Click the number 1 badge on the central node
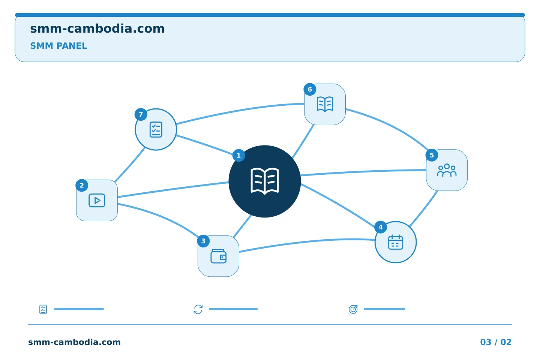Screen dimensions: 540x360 (238, 155)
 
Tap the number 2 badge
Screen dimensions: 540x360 (82, 185)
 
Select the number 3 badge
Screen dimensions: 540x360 (203, 241)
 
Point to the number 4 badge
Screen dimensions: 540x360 (380, 227)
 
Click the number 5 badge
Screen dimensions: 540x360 (432, 155)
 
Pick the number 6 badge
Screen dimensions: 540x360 (310, 90)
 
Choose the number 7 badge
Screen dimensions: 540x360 (141, 114)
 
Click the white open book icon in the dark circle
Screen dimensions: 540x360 (265, 181)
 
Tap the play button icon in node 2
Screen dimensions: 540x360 (97, 200)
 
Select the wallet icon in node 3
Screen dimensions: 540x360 (218, 256)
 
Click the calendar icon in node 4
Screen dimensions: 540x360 (396, 242)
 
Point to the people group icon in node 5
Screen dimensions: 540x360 (447, 170)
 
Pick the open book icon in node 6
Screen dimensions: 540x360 (325, 104)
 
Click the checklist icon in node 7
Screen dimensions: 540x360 (156, 129)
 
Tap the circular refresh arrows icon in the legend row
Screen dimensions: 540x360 (198, 309)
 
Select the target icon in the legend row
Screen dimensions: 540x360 (353, 309)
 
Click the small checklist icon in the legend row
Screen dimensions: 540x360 (43, 309)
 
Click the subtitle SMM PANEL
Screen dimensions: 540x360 (58, 46)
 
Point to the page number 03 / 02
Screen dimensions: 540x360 (496, 342)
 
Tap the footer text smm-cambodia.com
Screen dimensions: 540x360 (74, 342)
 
